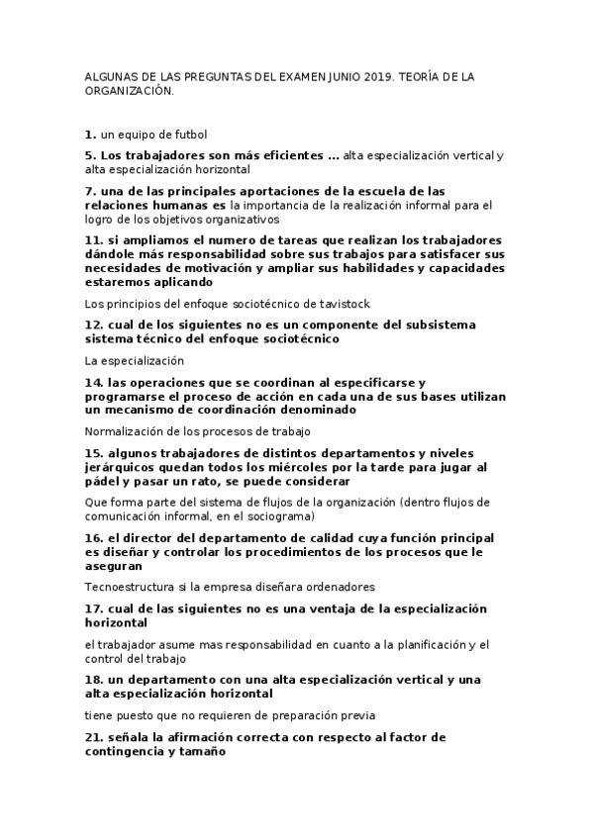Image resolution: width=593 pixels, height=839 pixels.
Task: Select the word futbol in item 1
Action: tap(189, 134)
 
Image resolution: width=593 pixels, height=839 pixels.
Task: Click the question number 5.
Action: tap(89, 155)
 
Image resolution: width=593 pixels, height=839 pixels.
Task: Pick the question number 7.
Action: tap(89, 190)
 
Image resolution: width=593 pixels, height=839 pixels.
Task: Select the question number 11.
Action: tap(93, 239)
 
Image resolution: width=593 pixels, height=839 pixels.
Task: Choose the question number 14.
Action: tap(93, 382)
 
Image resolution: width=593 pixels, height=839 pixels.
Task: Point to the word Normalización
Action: tap(128, 430)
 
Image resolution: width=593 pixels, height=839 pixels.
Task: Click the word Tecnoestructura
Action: tap(129, 587)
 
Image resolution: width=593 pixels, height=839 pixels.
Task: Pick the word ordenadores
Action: tap(342, 587)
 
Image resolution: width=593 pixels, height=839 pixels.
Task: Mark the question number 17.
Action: tap(93, 608)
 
